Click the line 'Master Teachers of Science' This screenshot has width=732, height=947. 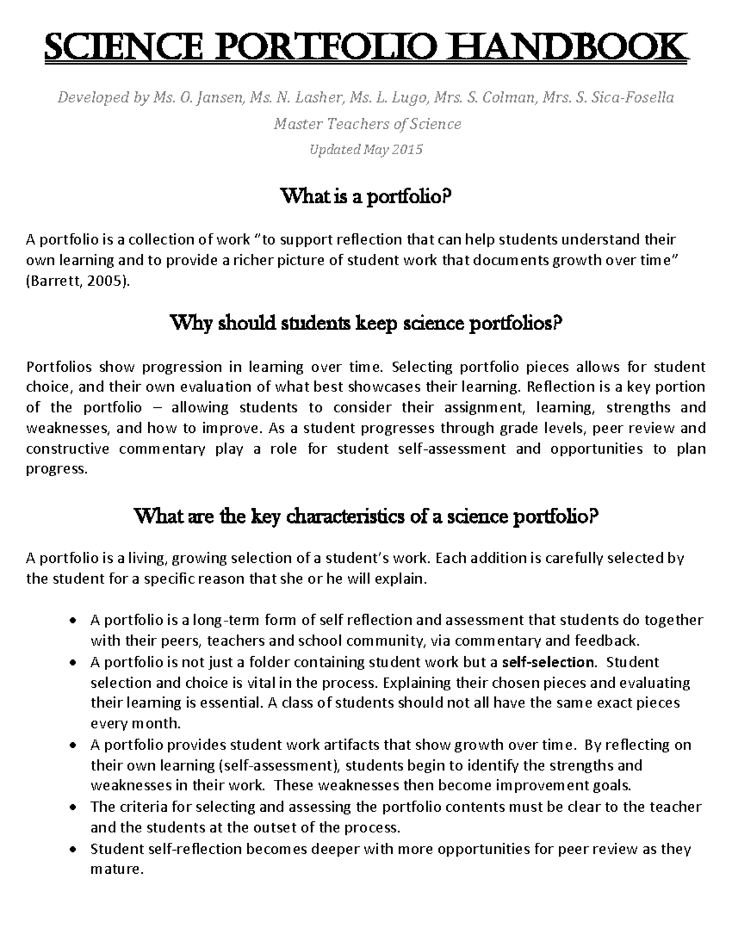click(367, 124)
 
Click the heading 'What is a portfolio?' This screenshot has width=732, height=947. click(365, 197)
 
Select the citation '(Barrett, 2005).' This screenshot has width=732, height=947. click(78, 281)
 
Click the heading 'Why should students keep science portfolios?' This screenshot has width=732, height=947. click(365, 323)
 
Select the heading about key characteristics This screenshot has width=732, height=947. click(365, 517)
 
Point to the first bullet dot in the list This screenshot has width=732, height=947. click(73, 621)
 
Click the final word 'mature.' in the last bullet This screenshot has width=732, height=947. click(117, 870)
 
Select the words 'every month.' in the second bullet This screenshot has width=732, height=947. click(135, 724)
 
